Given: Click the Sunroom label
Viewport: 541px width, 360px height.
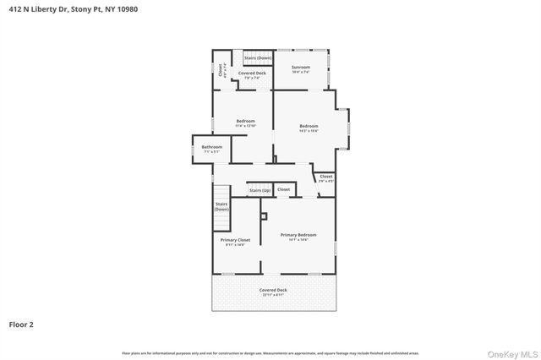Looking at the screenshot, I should click(301, 67).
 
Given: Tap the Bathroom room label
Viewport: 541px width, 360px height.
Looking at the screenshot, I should click(211, 147).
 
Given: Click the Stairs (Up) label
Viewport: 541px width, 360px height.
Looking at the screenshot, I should click(260, 189).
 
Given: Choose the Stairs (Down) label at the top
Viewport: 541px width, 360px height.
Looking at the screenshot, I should click(258, 57).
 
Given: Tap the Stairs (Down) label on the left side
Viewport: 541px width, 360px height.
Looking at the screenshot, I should click(221, 206).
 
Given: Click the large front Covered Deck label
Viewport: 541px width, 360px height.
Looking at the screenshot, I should click(272, 290).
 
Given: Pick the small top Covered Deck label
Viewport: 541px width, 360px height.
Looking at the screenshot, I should click(251, 73).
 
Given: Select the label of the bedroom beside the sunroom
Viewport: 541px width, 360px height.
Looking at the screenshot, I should click(308, 126).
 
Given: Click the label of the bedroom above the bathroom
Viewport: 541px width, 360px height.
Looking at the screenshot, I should click(245, 121).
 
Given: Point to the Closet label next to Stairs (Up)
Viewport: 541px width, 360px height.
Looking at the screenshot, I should click(283, 189).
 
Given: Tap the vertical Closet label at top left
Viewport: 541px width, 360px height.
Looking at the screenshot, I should click(220, 71).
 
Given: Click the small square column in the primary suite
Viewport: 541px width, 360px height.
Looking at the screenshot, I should click(263, 216).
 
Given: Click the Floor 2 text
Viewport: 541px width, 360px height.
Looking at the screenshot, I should click(21, 324).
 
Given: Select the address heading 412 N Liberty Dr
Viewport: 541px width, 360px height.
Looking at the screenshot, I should click(68, 8).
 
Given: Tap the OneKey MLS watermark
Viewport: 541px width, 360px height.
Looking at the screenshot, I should click(515, 353).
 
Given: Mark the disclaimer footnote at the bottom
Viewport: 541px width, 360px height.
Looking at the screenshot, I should click(270, 352).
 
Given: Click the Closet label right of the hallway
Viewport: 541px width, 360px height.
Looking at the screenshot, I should click(325, 177).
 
